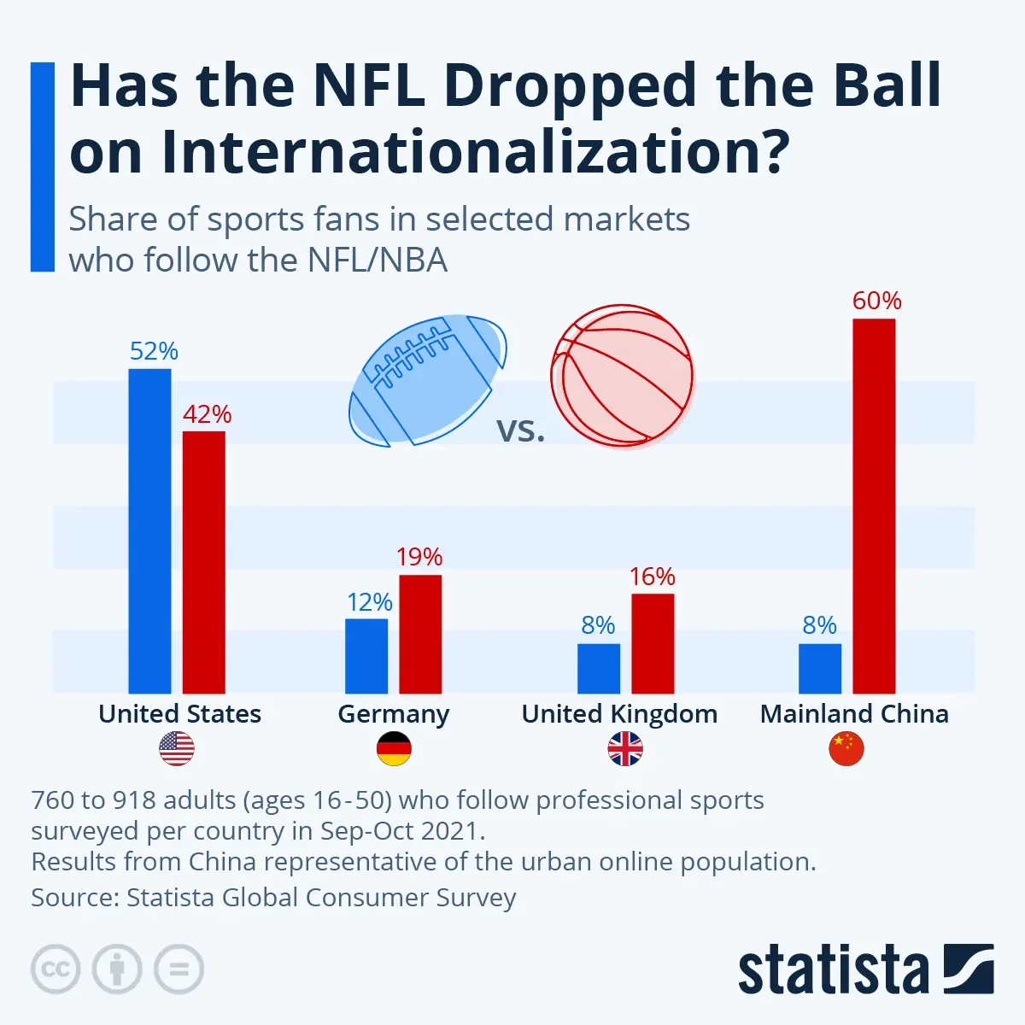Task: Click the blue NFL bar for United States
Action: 149,530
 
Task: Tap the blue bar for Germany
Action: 366,655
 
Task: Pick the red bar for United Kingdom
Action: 653,643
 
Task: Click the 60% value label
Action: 876,301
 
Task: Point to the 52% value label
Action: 154,351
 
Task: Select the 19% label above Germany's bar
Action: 419,557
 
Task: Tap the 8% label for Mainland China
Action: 819,625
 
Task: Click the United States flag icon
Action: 177,749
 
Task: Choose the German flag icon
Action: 394,749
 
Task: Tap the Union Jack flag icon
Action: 625,749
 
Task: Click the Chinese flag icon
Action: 846,749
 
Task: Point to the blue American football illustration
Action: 427,378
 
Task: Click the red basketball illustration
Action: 622,376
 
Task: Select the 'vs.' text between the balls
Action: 520,430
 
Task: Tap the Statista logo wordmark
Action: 833,970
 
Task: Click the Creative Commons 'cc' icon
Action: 56,969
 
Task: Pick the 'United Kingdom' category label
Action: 619,714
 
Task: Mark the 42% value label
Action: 207,414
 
